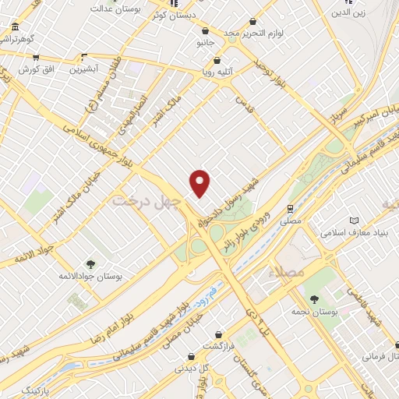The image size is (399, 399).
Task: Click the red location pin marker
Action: [x=200, y=183]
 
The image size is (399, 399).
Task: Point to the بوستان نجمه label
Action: [x=316, y=312]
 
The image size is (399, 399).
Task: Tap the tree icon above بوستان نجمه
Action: [x=315, y=299]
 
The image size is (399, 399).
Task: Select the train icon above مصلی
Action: [x=289, y=209]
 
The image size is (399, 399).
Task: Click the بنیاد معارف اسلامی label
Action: [x=354, y=233]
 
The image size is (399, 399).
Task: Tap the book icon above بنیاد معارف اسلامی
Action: [x=355, y=221]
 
